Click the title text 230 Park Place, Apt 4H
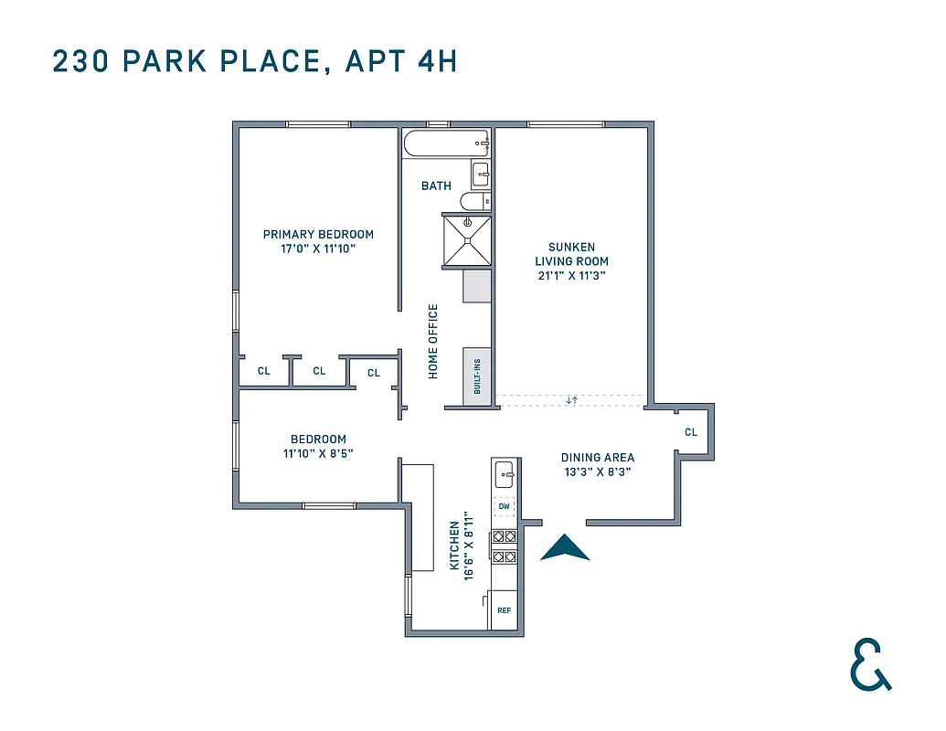coord(255,61)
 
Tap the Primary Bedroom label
coord(318,234)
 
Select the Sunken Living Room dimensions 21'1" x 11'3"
coord(571,274)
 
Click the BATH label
coord(436,186)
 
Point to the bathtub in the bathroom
coord(445,143)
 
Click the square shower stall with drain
coord(467,239)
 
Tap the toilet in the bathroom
coord(475,201)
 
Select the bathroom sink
coord(480,174)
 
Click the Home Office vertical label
coord(433,341)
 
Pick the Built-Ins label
coord(476,376)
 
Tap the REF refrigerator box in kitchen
coord(504,609)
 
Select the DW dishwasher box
coord(504,506)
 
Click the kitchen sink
coord(504,475)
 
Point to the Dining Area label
coord(597,458)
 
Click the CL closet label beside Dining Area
coord(690,432)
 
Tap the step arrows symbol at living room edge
coord(571,400)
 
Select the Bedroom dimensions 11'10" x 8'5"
coord(318,451)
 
